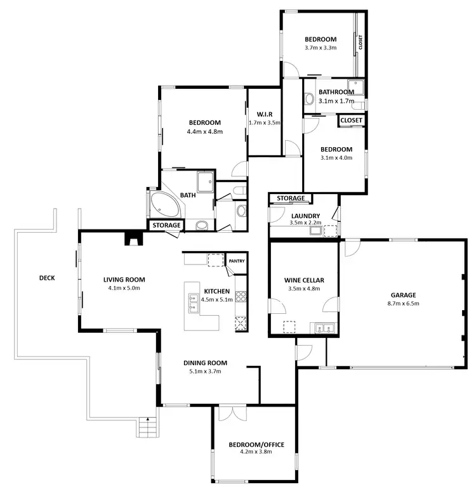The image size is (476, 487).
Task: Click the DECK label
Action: coord(47,277)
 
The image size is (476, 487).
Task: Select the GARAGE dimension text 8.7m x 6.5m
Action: coord(403,304)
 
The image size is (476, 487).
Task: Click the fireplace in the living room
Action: coord(133,238)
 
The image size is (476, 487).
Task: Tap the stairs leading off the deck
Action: coord(147,429)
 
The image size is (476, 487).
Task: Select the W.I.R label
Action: coord(264,114)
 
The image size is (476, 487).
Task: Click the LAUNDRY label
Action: coord(305,215)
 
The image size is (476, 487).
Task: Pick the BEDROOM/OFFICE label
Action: coord(256,445)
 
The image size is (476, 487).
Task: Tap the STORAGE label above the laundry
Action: coord(291,198)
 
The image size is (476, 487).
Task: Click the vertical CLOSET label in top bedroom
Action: coord(360,42)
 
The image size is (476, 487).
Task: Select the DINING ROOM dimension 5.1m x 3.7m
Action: coord(205,372)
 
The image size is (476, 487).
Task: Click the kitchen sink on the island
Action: coord(194,308)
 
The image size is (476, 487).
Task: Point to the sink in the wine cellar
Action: coord(325,327)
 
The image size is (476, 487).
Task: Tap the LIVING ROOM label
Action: coord(124,280)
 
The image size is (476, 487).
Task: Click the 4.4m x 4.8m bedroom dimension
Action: coord(204,132)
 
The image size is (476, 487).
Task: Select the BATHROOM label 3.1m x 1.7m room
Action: coord(336,92)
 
